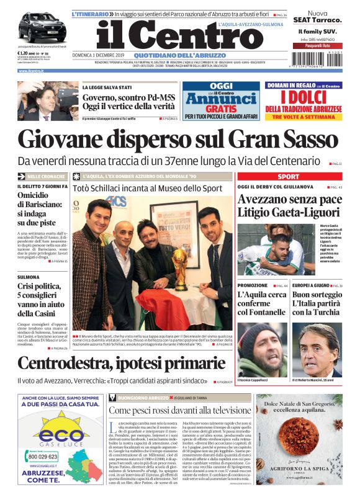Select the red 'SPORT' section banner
pyautogui.click(x=288, y=177)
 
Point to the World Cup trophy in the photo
pyautogui.click(x=179, y=267)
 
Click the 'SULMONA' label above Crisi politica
pyautogui.click(x=29, y=276)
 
